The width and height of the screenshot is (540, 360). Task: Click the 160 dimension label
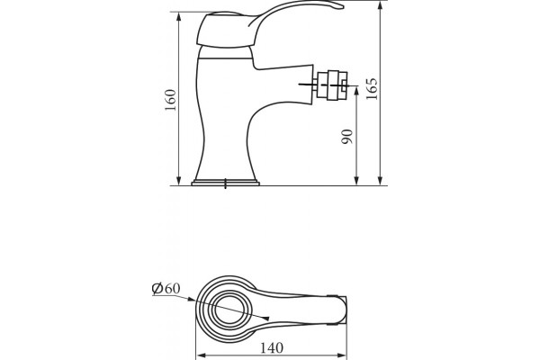171,100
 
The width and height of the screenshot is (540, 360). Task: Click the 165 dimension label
372,89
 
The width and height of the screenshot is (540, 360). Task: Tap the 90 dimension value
347,137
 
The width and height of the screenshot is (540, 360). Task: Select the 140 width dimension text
272,348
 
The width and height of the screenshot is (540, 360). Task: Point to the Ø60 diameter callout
166,288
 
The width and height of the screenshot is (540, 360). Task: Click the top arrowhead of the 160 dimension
179,16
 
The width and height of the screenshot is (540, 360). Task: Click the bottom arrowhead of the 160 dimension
179,181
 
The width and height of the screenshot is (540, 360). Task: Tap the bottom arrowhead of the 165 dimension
380,181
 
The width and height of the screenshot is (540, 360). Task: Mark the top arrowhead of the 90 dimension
356,91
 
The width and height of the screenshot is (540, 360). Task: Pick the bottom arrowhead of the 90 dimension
356,181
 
